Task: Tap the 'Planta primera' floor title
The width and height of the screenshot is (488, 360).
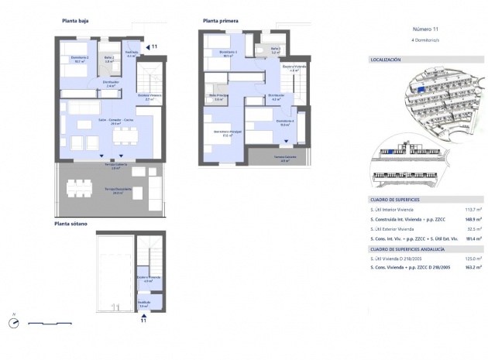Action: coord(220,21)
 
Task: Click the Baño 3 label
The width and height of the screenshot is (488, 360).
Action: coord(274,52)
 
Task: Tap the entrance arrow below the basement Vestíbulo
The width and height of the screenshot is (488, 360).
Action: coord(143,313)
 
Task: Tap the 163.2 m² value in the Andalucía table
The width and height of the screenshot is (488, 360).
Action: coord(469,267)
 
